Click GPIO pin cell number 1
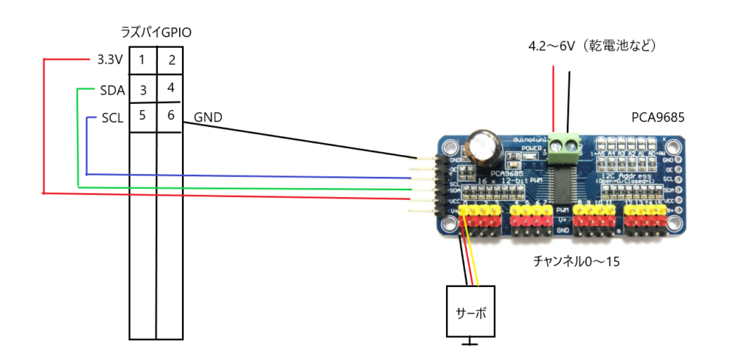tap(142, 60)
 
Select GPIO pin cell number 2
tap(170, 60)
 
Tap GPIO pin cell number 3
tap(143, 90)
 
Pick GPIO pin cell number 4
tap(170, 88)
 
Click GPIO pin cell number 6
tap(170, 117)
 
